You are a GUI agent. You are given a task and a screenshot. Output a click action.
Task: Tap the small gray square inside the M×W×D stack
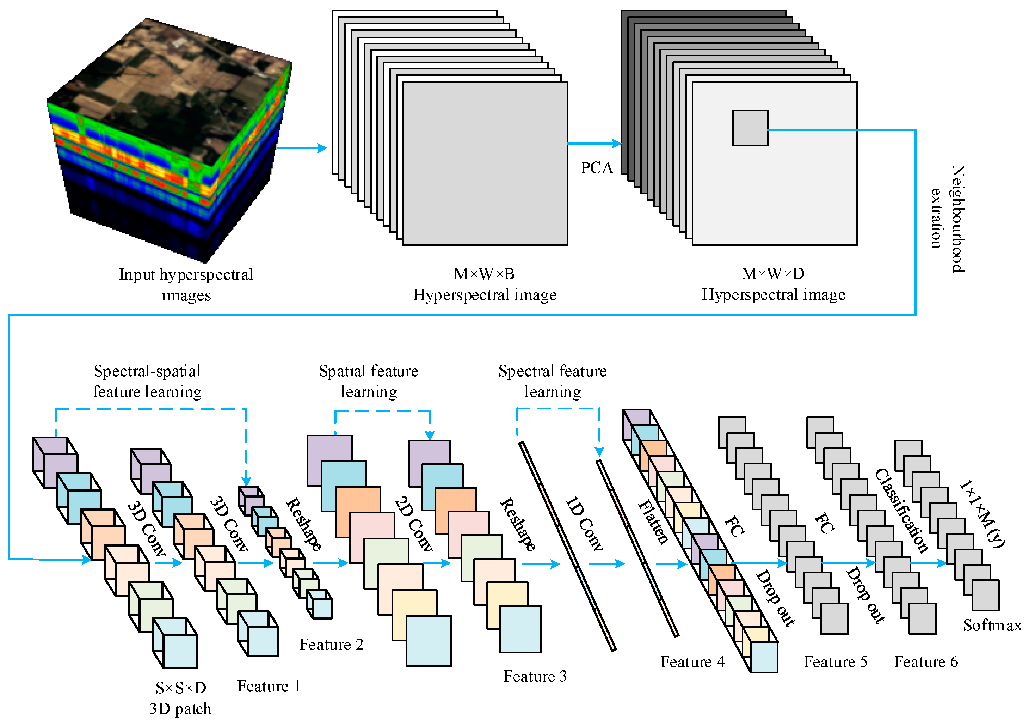(750, 128)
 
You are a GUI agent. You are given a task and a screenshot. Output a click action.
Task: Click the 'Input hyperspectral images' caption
(186, 284)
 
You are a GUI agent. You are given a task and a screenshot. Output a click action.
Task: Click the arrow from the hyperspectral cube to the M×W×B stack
(302, 147)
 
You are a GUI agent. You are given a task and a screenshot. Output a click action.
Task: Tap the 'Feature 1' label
(269, 687)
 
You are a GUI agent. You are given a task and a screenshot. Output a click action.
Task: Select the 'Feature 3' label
(535, 676)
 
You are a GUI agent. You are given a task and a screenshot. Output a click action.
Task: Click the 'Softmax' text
(992, 625)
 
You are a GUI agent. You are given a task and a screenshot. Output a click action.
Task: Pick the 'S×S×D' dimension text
(181, 688)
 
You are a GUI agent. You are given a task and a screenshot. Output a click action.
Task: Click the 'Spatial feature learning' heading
(368, 381)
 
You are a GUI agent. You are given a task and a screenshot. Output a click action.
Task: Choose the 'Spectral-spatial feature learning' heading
(147, 381)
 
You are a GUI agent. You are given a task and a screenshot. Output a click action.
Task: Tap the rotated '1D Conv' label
(584, 524)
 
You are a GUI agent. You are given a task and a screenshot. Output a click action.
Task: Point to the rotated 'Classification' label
(901, 511)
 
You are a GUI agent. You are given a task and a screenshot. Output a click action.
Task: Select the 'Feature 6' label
(926, 662)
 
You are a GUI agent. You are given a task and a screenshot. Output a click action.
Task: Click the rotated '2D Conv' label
(413, 524)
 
